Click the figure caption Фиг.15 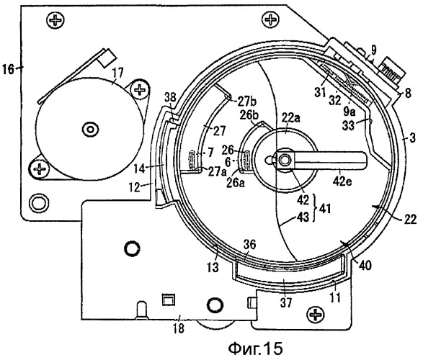point(256,348)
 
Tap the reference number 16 point(8,70)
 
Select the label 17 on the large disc point(117,73)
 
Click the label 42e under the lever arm point(342,181)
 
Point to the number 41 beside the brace point(324,209)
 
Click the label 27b point(247,102)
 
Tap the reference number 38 point(170,98)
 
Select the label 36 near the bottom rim point(249,245)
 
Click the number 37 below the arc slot point(286,302)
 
